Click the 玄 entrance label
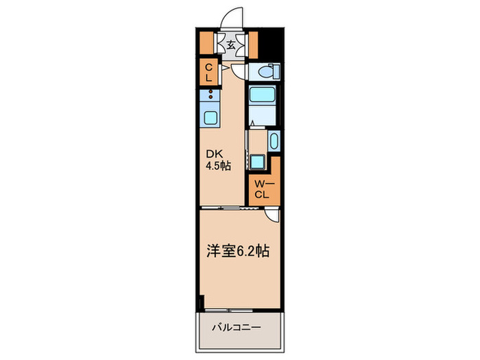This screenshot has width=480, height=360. tap(232, 45)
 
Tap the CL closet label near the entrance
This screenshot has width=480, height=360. tap(208, 72)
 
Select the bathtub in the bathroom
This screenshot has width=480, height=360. tap(261, 104)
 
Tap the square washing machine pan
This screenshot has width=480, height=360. tap(258, 163)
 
